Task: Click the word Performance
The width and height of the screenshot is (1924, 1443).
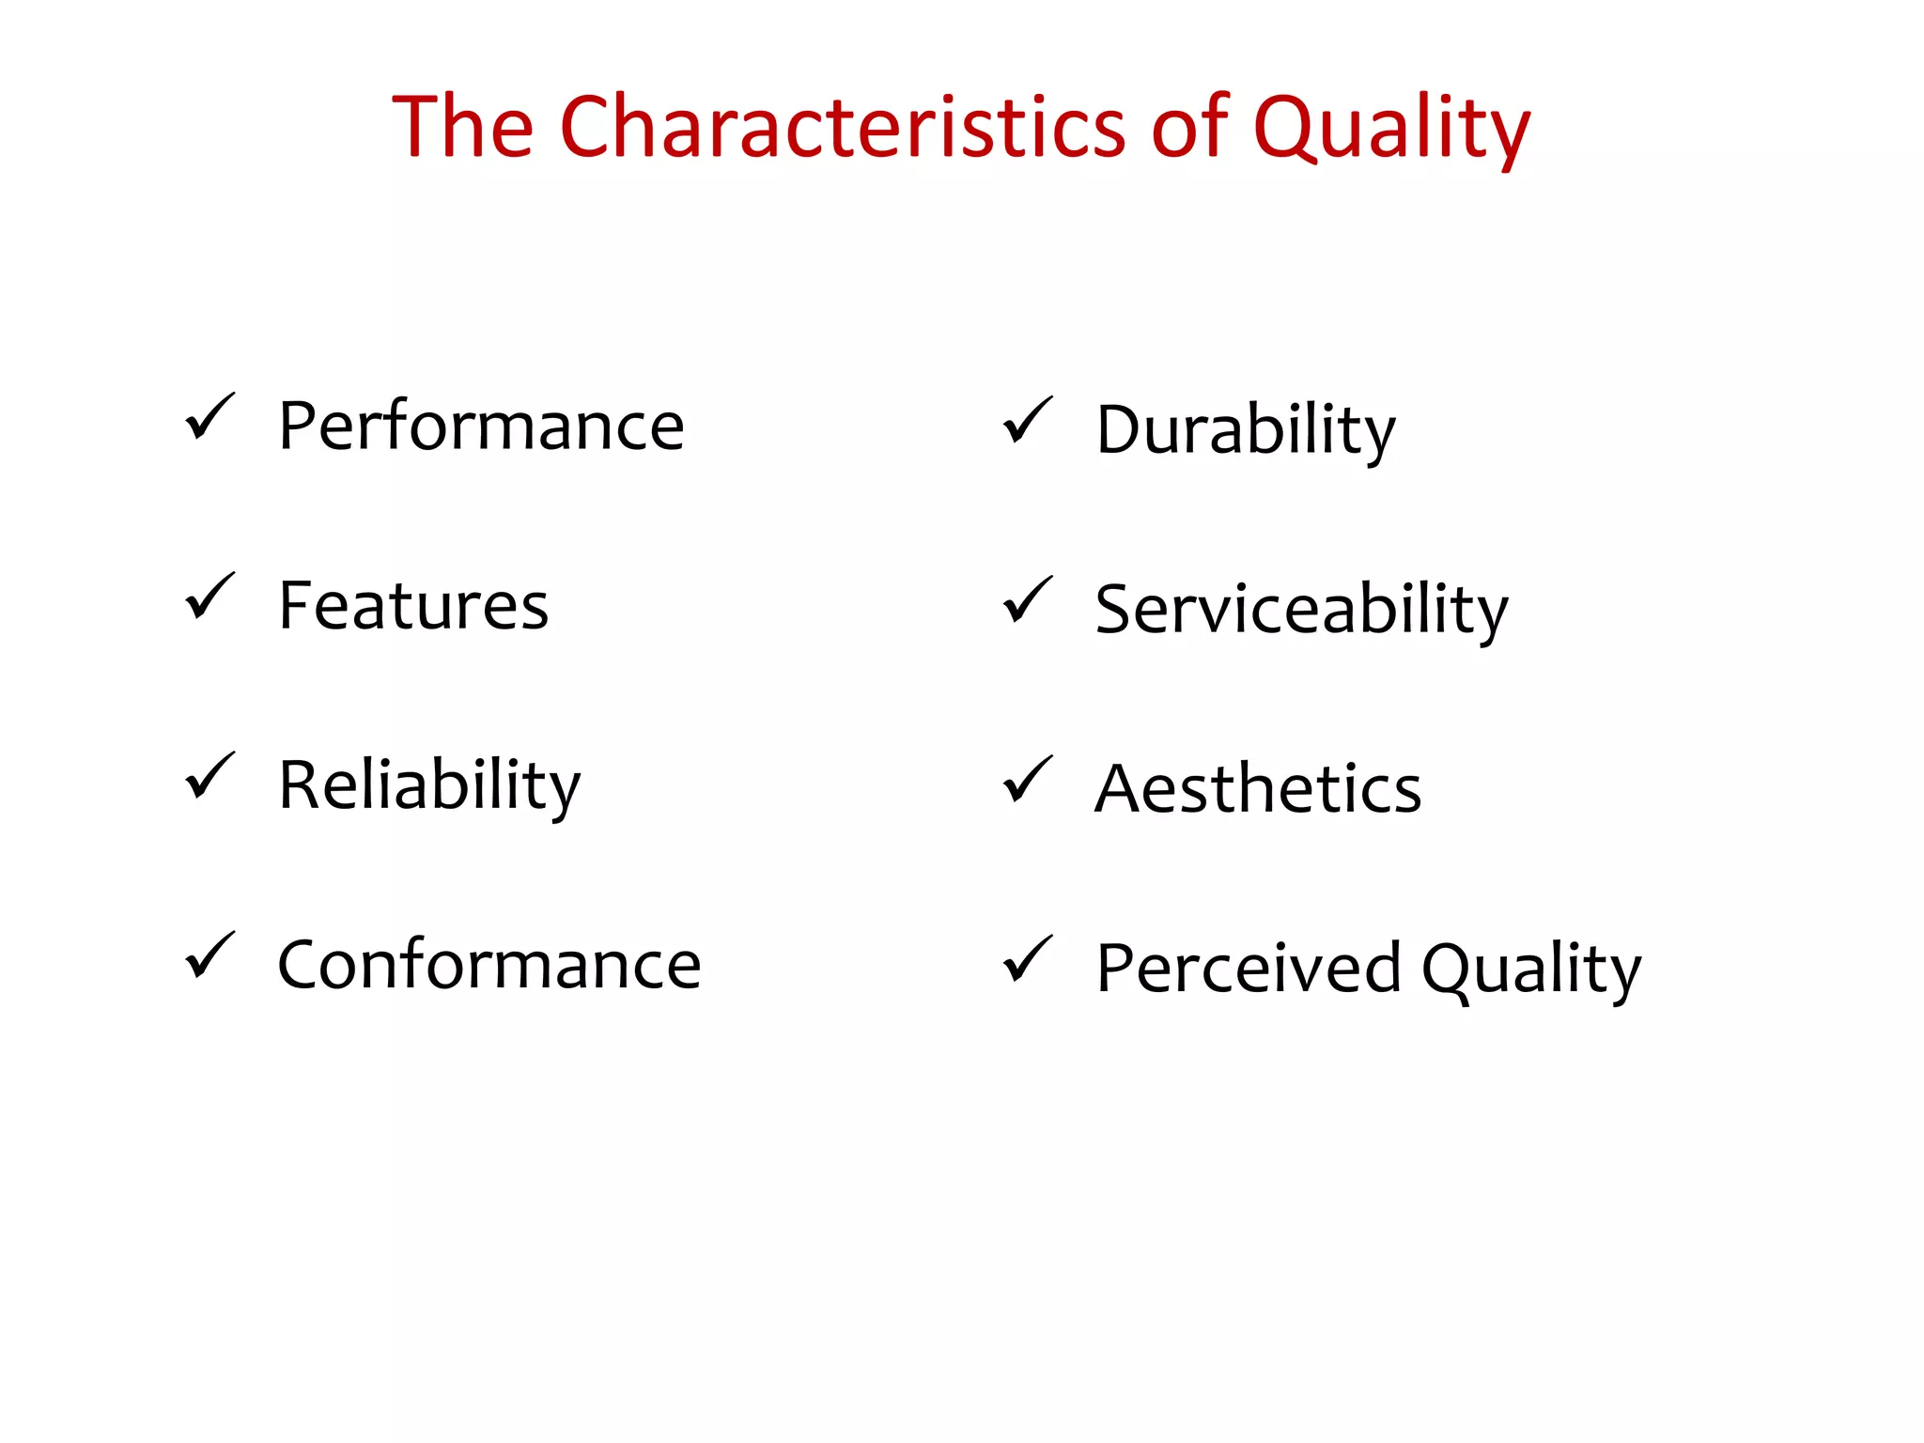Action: pyautogui.click(x=481, y=427)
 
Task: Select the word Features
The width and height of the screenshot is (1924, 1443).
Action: pyautogui.click(x=413, y=606)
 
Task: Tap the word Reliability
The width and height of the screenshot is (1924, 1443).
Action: pyautogui.click(x=429, y=785)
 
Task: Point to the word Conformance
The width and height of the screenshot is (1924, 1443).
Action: pyautogui.click(x=489, y=965)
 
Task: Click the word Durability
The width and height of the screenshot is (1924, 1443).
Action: pyautogui.click(x=1245, y=430)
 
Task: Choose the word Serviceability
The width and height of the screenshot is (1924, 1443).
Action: pyautogui.click(x=1301, y=610)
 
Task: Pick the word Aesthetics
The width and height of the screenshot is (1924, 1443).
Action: pyautogui.click(x=1258, y=789)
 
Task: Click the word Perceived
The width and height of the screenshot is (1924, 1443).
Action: pyautogui.click(x=1249, y=969)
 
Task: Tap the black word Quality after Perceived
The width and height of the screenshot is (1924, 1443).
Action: pyautogui.click(x=1530, y=969)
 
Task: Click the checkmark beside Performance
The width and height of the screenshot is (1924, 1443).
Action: pyautogui.click(x=209, y=417)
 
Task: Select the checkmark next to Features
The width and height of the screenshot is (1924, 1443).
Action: pyautogui.click(x=209, y=597)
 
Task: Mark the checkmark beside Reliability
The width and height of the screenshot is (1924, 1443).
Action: pyautogui.click(x=209, y=776)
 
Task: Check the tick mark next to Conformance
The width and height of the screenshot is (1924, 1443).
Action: pyautogui.click(x=209, y=955)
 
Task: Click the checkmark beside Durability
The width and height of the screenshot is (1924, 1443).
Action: pyautogui.click(x=1027, y=420)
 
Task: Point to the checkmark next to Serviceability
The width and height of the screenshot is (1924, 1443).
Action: pyautogui.click(x=1027, y=599)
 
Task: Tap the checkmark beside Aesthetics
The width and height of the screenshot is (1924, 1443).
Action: pyautogui.click(x=1027, y=779)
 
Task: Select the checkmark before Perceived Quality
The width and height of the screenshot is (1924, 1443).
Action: pyautogui.click(x=1027, y=959)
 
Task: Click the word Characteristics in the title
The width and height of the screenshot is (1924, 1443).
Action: pyautogui.click(x=842, y=127)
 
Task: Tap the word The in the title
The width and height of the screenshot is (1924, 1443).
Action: pyautogui.click(x=462, y=127)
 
